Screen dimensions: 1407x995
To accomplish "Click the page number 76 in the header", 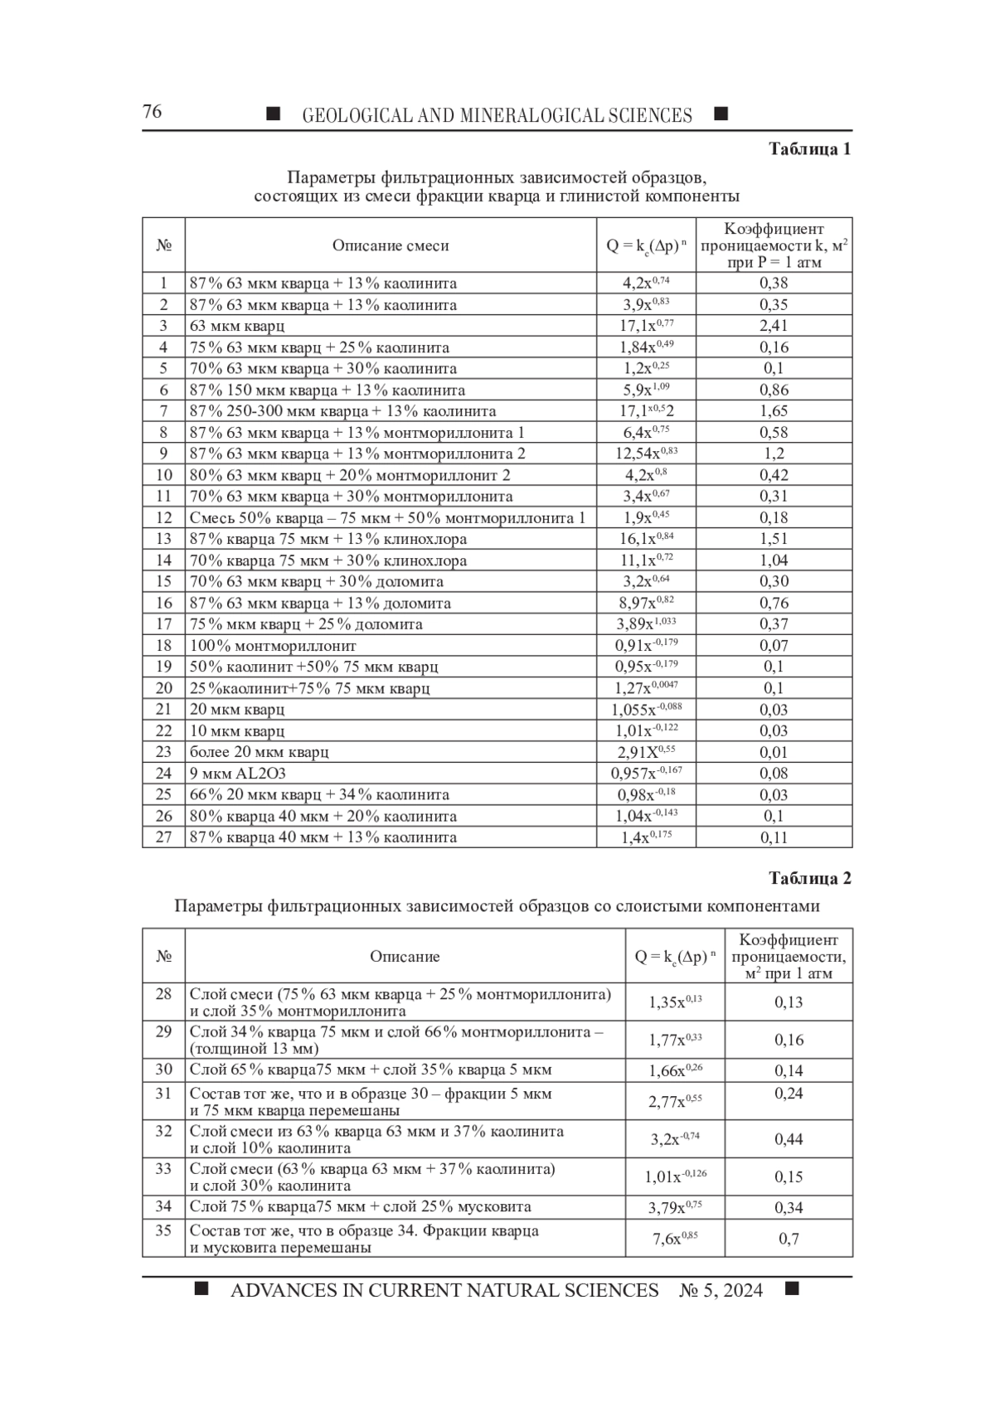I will [153, 112].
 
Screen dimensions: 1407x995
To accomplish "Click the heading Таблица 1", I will [809, 149].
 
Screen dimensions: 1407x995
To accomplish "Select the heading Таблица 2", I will [809, 879].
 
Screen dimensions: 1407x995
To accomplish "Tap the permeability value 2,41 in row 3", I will [774, 326].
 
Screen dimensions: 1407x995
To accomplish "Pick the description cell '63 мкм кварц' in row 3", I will [237, 326].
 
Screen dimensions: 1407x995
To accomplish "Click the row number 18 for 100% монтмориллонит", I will [163, 645].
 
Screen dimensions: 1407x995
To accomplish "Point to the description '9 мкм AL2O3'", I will [237, 774].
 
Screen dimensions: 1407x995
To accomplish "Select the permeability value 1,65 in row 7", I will [774, 411].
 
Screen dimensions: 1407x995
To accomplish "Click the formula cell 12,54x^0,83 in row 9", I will [646, 454].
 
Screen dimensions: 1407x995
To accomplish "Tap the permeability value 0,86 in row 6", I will [774, 390].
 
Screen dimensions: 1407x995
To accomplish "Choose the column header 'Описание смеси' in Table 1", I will [391, 245].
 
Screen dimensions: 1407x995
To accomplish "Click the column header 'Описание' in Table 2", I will [405, 957].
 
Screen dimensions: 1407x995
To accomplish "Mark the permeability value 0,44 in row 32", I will [789, 1140].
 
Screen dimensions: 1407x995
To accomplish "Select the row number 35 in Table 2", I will [163, 1230].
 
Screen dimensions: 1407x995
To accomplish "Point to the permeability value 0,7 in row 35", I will [789, 1239].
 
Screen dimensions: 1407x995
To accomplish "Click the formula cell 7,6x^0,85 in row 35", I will [675, 1239].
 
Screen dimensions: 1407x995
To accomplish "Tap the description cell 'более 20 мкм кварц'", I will [260, 752].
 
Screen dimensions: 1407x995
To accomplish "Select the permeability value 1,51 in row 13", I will [774, 539].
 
